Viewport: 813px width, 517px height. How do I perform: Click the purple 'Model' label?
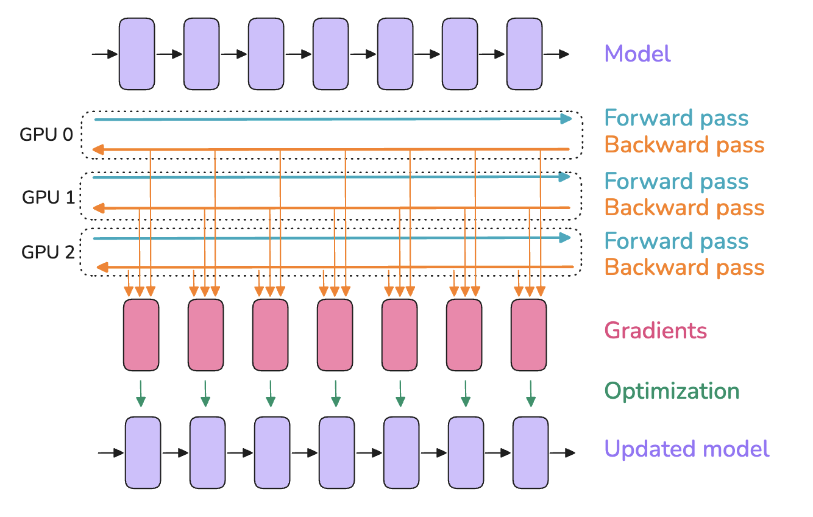tap(637, 54)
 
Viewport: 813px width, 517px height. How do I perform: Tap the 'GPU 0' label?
tap(46, 135)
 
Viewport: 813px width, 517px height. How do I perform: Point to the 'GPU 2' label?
tap(48, 251)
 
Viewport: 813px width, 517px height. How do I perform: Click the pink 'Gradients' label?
tap(655, 331)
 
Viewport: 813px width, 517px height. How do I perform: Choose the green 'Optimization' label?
tap(672, 391)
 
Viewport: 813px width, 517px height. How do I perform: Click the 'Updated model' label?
tap(687, 449)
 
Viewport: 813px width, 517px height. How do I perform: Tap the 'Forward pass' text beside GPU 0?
tap(676, 118)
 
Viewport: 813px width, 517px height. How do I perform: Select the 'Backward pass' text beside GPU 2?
tap(684, 267)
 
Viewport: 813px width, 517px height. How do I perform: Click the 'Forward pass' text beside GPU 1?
tap(676, 182)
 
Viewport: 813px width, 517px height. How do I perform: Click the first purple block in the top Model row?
tap(137, 53)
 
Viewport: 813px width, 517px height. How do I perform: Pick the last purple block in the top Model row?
tap(525, 53)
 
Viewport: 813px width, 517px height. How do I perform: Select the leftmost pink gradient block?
tap(141, 335)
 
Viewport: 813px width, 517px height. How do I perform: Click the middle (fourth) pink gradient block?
tap(335, 335)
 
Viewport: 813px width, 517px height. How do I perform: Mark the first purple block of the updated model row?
tap(143, 452)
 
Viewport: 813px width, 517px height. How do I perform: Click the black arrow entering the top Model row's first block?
tap(105, 54)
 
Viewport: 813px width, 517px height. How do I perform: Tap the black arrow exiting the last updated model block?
tap(562, 453)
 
